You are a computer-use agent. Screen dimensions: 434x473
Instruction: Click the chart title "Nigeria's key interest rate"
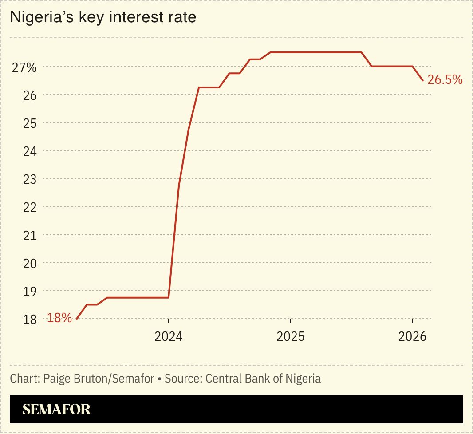point(103,17)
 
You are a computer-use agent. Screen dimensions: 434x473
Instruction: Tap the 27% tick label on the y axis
point(24,67)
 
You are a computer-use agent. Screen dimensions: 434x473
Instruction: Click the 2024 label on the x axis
point(169,337)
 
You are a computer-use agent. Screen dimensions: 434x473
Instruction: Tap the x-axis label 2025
point(291,337)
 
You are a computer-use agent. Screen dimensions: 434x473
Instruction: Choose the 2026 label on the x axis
point(412,337)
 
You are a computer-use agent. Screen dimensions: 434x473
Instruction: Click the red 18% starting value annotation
point(59,318)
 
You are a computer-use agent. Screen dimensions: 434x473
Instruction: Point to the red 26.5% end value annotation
point(445,80)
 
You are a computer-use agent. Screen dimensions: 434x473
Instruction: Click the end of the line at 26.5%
point(422,80)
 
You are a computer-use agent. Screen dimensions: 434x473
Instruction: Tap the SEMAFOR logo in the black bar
point(56,409)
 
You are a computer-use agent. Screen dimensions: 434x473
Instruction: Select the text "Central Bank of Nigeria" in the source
point(263,379)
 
